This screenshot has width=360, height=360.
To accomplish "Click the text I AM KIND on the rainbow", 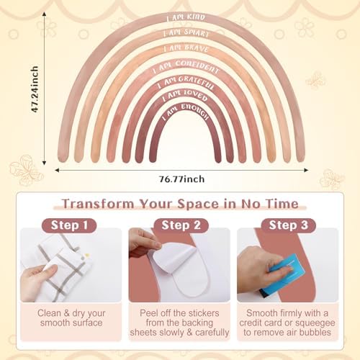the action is [x=186, y=18].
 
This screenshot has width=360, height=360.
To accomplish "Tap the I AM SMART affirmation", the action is [x=186, y=33].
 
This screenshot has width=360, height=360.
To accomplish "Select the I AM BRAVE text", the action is [x=186, y=48].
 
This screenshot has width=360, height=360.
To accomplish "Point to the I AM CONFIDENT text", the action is [x=186, y=67].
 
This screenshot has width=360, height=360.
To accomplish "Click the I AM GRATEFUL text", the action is [x=186, y=83].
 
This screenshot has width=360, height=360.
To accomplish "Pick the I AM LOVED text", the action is [x=185, y=96].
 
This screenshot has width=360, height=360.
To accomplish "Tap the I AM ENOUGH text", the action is [x=185, y=112].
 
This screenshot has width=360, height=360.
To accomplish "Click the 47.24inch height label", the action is [x=35, y=89].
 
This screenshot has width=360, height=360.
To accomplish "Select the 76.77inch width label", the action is [x=182, y=179].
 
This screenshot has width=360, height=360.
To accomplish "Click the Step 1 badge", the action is [x=69, y=225].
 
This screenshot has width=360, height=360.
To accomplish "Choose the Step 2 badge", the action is [x=181, y=225].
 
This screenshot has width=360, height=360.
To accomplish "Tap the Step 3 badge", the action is [x=289, y=225].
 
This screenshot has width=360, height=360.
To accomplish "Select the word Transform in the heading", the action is [x=98, y=204].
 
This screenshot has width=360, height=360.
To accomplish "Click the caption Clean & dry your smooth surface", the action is [x=71, y=318].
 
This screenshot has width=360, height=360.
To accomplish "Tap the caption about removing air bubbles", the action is [x=287, y=323].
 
